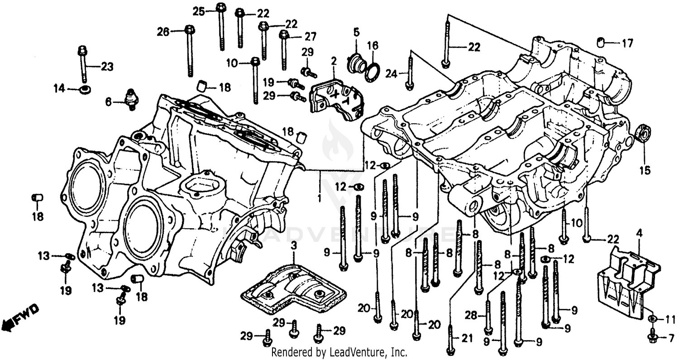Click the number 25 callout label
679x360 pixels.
[199, 12]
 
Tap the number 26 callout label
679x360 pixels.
[163, 32]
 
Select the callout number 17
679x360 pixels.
[627, 44]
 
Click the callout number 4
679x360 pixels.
[639, 234]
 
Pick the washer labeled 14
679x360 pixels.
[84, 90]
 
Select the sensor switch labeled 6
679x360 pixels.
[132, 99]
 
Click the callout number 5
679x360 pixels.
[356, 32]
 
